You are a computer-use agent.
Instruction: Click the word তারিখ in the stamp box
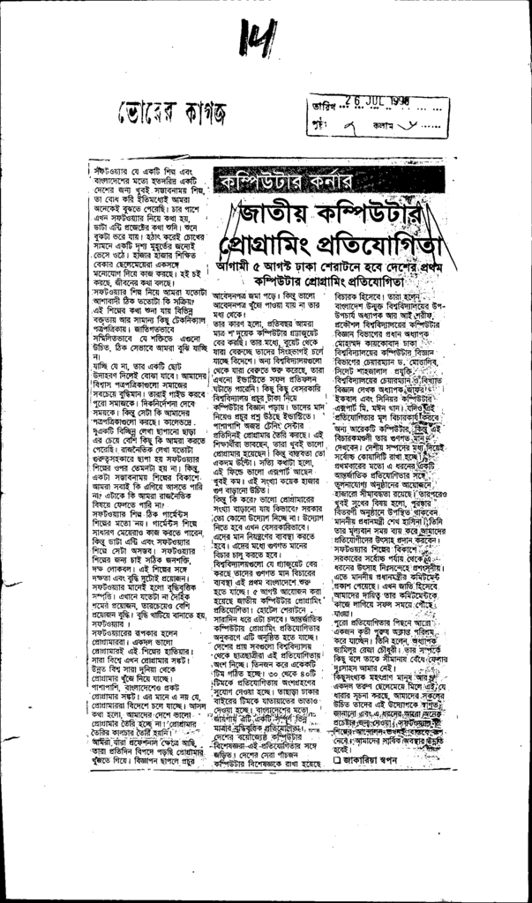[322, 104]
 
